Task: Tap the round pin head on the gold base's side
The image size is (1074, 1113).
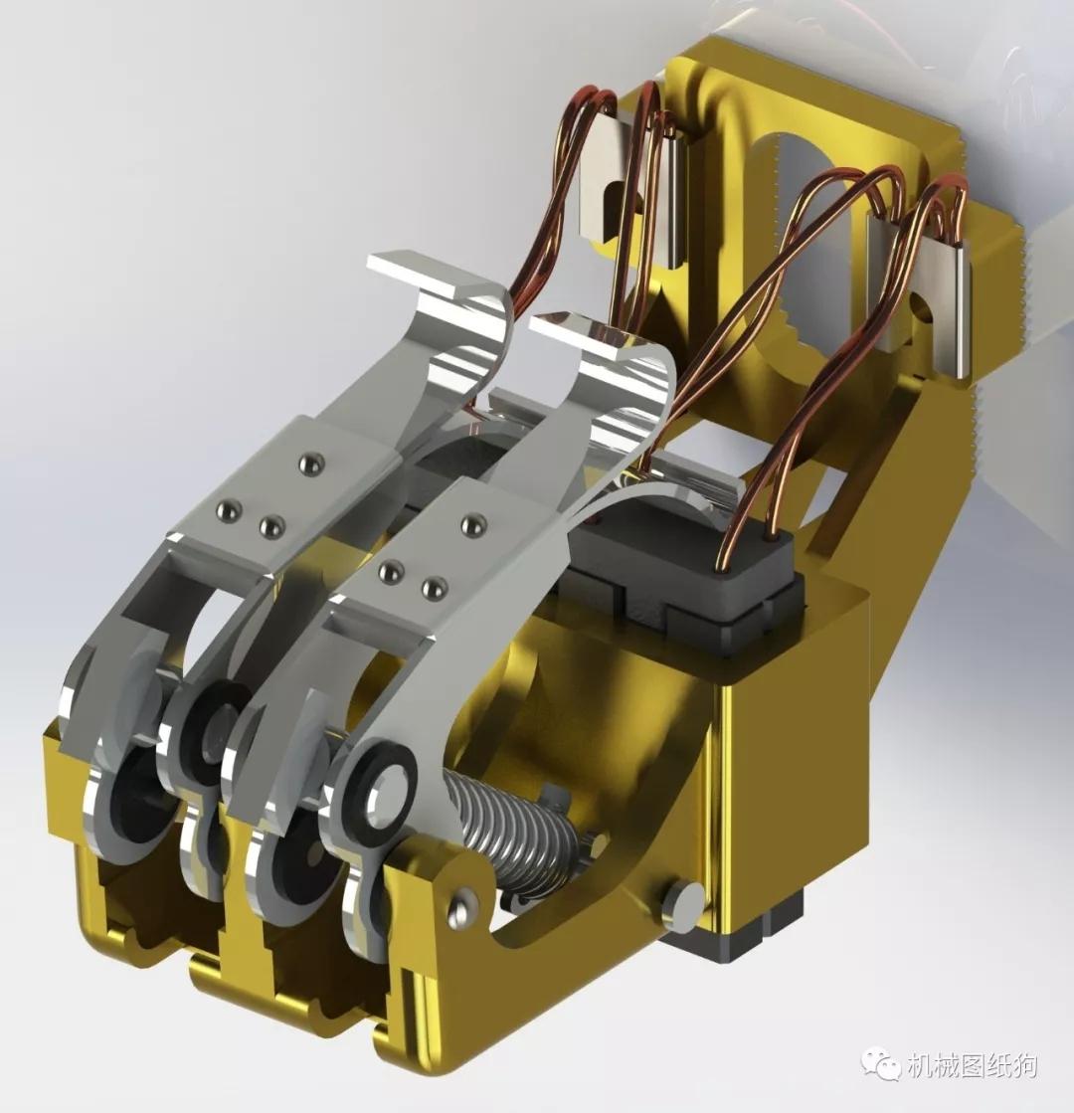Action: coord(683,904)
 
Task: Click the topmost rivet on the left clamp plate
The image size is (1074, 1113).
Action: coord(311,464)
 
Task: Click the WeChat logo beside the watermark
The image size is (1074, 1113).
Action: coord(881,1065)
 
